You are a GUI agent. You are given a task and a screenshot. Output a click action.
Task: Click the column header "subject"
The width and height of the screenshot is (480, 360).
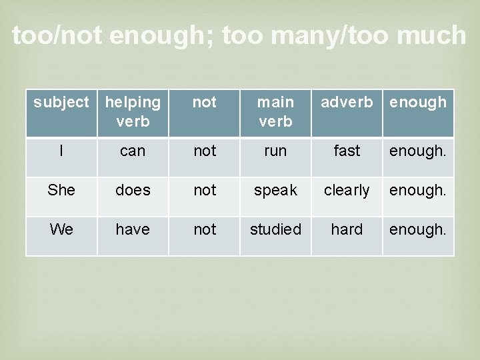pyautogui.click(x=61, y=102)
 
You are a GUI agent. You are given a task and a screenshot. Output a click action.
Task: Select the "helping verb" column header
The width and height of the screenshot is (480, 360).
pyautogui.click(x=133, y=111)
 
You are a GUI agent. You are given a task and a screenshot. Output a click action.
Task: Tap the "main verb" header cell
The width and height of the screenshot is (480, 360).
pyautogui.click(x=275, y=111)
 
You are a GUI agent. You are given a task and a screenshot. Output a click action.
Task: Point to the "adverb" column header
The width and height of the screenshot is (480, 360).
pyautogui.click(x=347, y=102)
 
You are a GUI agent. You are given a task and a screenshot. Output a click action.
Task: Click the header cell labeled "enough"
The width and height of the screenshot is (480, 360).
pyautogui.click(x=418, y=102)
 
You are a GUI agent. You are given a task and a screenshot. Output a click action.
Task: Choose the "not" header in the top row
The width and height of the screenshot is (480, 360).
pyautogui.click(x=204, y=102)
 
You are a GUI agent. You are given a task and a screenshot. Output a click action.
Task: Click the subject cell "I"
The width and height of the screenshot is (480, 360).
pyautogui.click(x=61, y=151)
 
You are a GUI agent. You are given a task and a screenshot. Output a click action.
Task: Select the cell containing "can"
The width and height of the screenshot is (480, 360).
pyautogui.click(x=133, y=151)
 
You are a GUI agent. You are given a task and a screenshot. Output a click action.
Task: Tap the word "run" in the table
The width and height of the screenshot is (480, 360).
pyautogui.click(x=275, y=151)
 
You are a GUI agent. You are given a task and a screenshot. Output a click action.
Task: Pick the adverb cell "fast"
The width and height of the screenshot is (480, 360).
pyautogui.click(x=347, y=151)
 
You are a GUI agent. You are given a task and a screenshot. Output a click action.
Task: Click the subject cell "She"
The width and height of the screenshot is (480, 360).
pyautogui.click(x=61, y=191)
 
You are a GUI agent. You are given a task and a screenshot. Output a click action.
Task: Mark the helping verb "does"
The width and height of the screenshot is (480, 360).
pyautogui.click(x=133, y=191)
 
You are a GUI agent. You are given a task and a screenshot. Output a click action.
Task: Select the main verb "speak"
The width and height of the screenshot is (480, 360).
pyautogui.click(x=275, y=191)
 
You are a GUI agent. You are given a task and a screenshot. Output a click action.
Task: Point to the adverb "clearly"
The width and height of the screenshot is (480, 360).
pyautogui.click(x=347, y=191)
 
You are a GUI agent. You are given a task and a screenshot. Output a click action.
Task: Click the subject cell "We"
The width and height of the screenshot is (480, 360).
pyautogui.click(x=61, y=230)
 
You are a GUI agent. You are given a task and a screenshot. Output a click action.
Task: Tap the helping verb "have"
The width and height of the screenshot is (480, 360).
pyautogui.click(x=133, y=230)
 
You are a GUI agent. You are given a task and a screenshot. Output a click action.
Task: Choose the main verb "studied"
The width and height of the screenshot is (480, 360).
pyautogui.click(x=275, y=230)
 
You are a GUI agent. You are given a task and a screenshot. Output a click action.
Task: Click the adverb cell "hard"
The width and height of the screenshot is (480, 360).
pyautogui.click(x=347, y=230)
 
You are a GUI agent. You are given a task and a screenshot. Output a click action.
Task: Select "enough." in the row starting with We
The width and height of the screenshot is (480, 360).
pyautogui.click(x=418, y=230)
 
